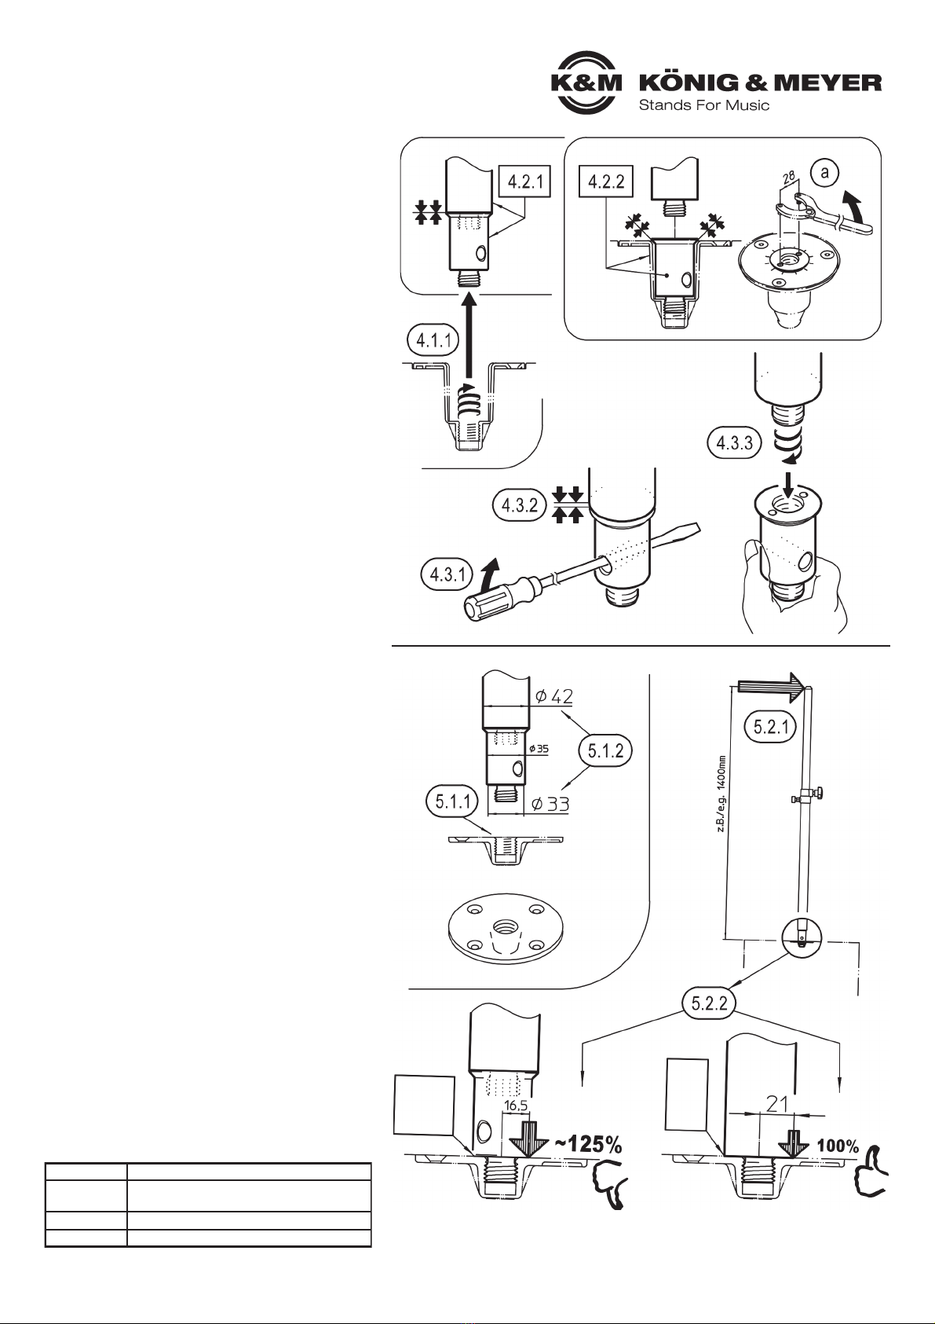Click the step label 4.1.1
point(433,341)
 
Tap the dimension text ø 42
point(554,696)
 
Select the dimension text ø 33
point(550,804)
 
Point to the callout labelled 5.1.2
point(605,750)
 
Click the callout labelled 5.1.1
point(452,801)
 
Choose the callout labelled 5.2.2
point(710,1004)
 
